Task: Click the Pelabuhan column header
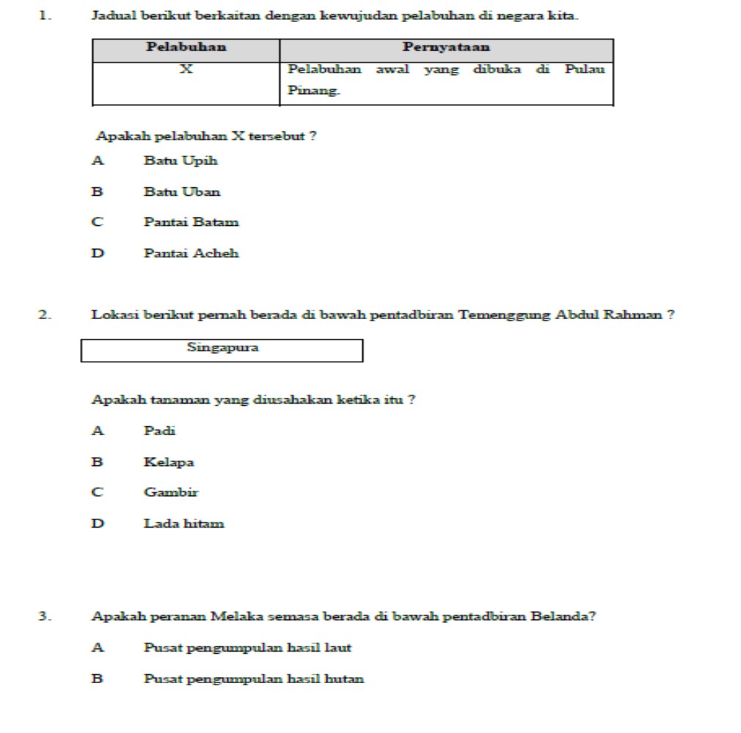186,48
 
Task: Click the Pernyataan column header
446,48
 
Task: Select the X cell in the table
186,70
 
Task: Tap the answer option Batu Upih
180,161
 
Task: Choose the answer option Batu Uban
182,192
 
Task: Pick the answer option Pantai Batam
191,222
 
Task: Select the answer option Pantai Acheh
191,254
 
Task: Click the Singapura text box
222,349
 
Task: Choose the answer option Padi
159,431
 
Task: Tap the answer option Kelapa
169,462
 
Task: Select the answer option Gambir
171,492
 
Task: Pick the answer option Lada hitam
183,524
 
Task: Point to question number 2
45,316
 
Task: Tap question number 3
45,616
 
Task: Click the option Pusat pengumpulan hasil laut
247,648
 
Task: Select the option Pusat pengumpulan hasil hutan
253,679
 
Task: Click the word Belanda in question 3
568,616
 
